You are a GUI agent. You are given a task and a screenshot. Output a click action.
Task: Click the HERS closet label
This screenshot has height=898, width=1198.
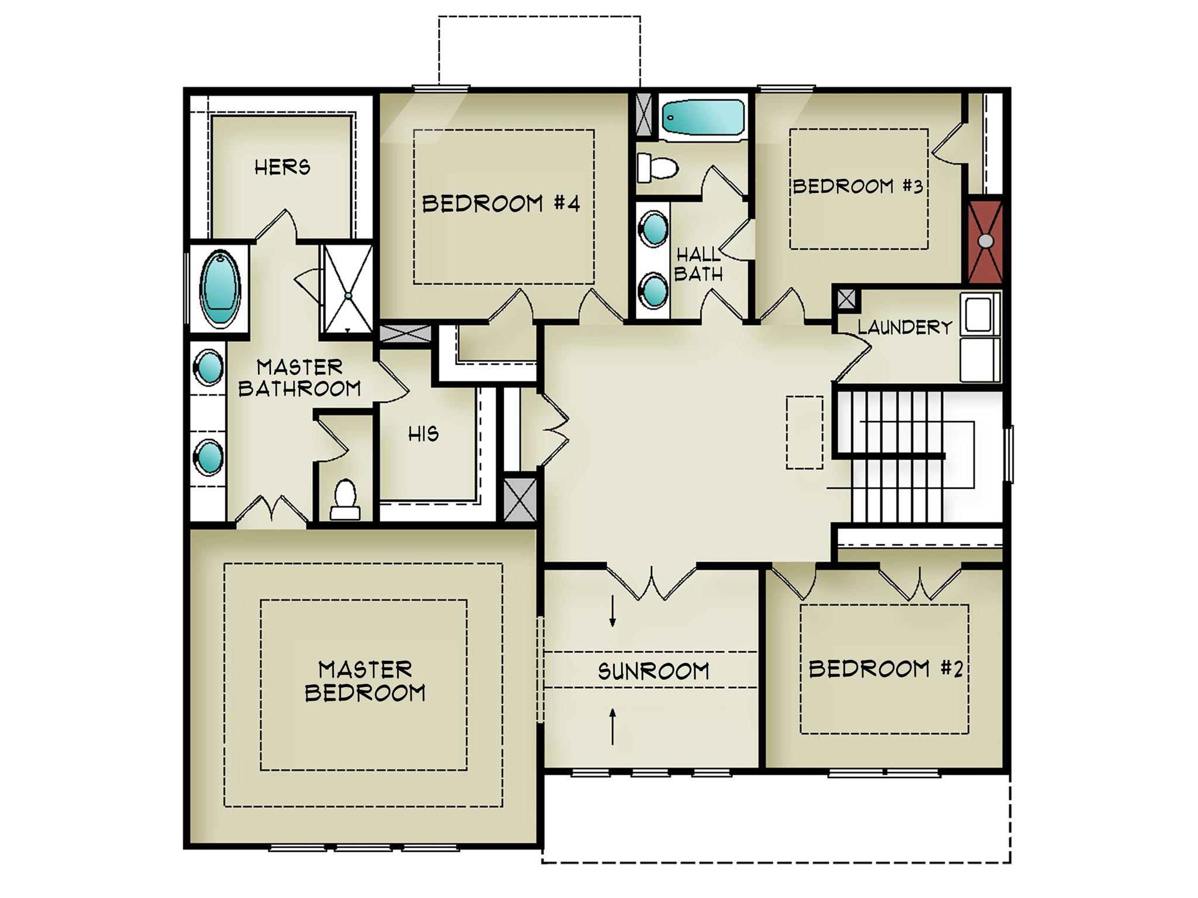point(283,167)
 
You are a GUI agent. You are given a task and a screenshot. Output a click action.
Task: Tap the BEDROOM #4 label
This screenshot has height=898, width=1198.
point(501,203)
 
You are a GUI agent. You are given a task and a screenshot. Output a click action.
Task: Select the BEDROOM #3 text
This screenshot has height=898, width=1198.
point(858,186)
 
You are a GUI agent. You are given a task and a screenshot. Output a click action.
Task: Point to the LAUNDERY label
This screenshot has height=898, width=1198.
point(906,327)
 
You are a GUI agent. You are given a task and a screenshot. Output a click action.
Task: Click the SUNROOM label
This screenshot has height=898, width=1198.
point(653,671)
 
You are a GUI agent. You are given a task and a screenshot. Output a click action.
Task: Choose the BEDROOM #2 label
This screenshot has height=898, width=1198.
point(885,668)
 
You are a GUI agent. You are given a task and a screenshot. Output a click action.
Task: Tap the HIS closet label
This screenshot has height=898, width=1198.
point(424,434)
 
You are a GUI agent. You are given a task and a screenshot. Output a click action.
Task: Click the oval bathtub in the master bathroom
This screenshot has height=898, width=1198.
point(221,288)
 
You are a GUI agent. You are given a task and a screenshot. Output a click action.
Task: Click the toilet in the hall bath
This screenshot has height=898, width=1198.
point(657,168)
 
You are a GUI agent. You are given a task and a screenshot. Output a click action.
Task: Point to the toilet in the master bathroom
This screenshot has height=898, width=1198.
point(345,500)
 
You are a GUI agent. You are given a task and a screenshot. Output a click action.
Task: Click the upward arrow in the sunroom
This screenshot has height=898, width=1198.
point(612,726)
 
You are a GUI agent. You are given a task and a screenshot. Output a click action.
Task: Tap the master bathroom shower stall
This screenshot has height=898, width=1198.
point(348,289)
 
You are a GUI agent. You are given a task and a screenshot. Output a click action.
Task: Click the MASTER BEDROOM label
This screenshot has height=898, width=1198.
point(365,681)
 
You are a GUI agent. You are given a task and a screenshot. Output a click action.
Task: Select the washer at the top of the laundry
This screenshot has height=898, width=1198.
point(980,314)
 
